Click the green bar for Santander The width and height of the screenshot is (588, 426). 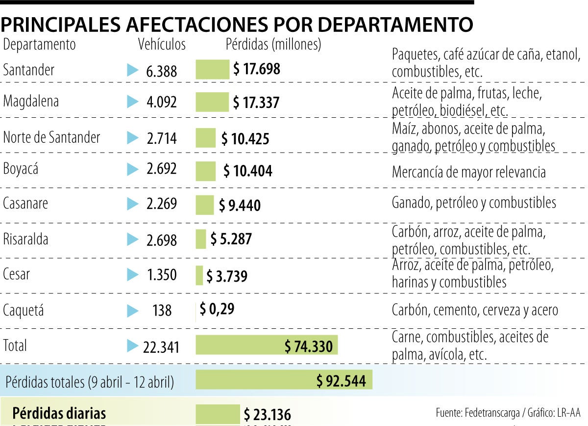coord(212,69)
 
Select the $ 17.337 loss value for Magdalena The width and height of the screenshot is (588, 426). coord(256,103)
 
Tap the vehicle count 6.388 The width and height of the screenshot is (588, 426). coord(161,72)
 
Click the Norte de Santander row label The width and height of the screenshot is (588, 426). coord(51,137)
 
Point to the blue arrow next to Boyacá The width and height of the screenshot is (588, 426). coord(132,170)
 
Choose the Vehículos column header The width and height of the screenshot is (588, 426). coord(162,44)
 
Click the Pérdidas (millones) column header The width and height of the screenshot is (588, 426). coord(273,44)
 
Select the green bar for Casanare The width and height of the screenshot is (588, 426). coord(204,205)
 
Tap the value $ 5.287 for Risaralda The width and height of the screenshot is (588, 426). coord(231,239)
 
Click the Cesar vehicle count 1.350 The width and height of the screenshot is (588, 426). coord(162,274)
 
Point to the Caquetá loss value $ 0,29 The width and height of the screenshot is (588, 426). coord(217,309)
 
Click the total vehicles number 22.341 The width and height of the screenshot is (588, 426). coord(161,347)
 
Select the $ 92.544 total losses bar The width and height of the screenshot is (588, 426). coord(284,380)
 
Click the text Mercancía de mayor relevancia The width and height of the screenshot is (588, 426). coord(468,172)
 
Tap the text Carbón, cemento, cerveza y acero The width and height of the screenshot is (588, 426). coord(474,310)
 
